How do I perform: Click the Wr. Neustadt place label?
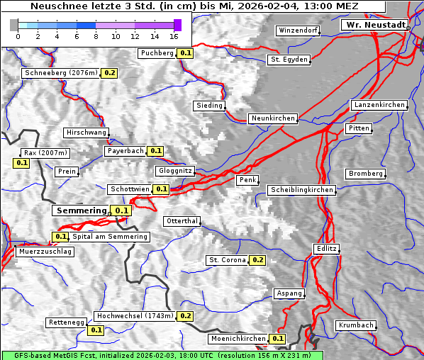375,25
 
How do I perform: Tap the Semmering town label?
81,210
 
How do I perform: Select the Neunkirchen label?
272,118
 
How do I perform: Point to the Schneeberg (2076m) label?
60,73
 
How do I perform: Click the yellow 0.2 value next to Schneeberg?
110,73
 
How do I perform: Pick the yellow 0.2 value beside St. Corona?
257,260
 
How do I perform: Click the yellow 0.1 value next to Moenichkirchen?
278,339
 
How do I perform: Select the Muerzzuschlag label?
45,252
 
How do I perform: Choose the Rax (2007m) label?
45,152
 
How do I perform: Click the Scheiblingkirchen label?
301,190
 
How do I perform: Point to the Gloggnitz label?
174,171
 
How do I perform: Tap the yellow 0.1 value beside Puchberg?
185,53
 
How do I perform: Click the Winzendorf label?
298,31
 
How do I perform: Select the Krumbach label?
355,325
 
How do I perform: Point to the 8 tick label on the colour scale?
96,36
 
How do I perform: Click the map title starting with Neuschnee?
194,6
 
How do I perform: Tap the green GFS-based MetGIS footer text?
162,355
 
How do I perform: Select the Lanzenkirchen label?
379,105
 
